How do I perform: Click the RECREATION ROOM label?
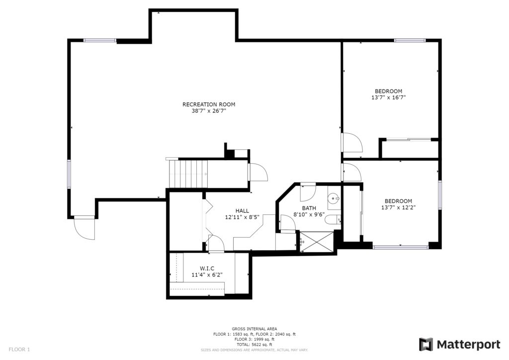click(x=209, y=104)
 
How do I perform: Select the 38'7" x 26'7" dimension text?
click(x=209, y=111)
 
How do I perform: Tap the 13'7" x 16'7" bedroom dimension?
click(x=389, y=97)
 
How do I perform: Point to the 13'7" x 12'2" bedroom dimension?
click(x=398, y=207)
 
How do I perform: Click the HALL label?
click(x=242, y=211)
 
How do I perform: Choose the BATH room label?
click(x=309, y=208)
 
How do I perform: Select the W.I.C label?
click(x=207, y=269)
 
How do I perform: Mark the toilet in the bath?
click(x=332, y=220)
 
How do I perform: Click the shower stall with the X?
click(x=317, y=241)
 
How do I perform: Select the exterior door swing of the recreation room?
click(x=85, y=228)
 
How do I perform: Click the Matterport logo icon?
click(x=426, y=345)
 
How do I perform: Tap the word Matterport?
click(x=468, y=345)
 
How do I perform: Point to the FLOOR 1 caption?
click(x=19, y=350)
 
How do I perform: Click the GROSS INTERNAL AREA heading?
click(x=254, y=329)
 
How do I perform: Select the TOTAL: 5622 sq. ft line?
click(x=254, y=345)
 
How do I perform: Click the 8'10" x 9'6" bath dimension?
click(x=309, y=214)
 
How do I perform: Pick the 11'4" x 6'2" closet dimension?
click(x=207, y=275)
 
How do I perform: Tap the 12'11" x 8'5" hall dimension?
click(x=242, y=217)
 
